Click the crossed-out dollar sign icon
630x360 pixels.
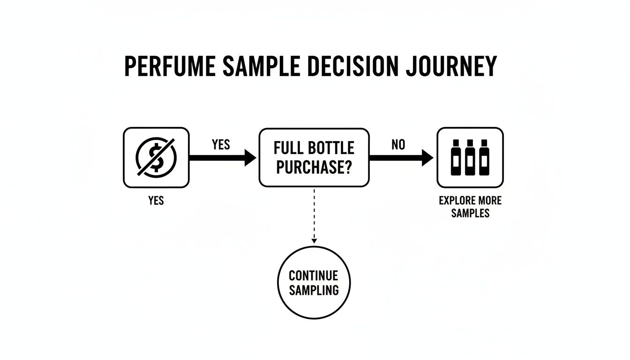pos(156,157)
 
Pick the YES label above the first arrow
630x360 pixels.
pos(221,145)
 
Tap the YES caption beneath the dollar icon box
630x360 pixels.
pos(156,201)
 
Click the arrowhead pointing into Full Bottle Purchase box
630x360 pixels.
pos(249,158)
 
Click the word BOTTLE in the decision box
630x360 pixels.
pos(331,149)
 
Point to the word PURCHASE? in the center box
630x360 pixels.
pos(314,167)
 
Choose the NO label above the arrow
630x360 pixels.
pos(398,145)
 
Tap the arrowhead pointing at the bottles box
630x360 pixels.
pos(427,158)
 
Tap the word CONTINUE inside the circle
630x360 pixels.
pos(313,275)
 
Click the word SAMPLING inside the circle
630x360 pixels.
pos(314,290)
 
